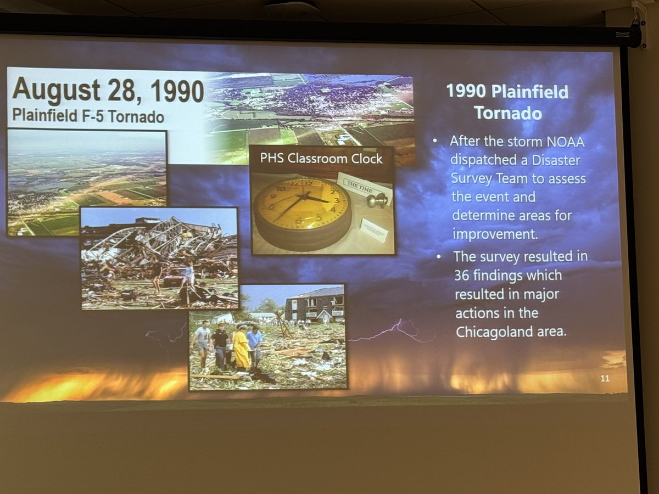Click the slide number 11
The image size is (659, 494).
pos(605,378)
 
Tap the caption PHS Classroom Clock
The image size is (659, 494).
pos(321,159)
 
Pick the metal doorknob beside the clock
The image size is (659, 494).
pos(377,200)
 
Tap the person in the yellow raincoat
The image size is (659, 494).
pos(241,349)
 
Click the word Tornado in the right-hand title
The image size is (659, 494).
pos(507,113)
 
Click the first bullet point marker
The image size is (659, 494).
pos(435,141)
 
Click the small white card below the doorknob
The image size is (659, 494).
pos(373,230)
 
